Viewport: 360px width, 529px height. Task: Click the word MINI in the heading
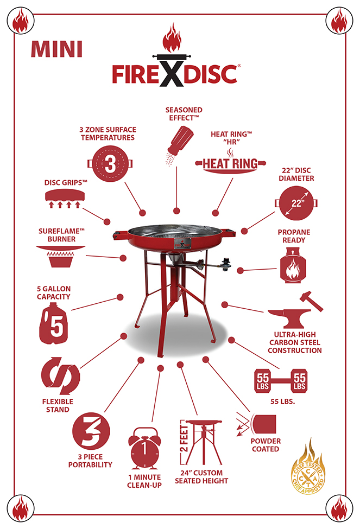point(56,49)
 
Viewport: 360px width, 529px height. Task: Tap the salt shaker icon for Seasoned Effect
point(179,145)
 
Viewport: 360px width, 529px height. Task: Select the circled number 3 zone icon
point(110,164)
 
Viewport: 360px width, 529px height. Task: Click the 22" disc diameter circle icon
point(296,203)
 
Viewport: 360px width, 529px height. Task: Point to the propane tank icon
point(293,265)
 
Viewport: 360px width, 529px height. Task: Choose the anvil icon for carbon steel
point(295,310)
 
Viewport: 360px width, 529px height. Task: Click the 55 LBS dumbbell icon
point(281,381)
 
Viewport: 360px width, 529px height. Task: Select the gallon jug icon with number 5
point(54,323)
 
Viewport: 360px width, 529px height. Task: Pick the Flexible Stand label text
point(58,405)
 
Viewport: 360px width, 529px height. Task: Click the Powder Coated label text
point(266,445)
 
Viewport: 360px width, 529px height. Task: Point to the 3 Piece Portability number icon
point(91,431)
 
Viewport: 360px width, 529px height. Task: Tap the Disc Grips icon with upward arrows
point(65,199)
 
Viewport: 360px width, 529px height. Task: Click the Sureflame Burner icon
point(61,257)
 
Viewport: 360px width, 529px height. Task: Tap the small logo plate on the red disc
point(182,244)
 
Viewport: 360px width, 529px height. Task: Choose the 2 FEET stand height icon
point(201,443)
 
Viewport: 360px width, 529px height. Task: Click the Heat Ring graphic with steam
point(231,161)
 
